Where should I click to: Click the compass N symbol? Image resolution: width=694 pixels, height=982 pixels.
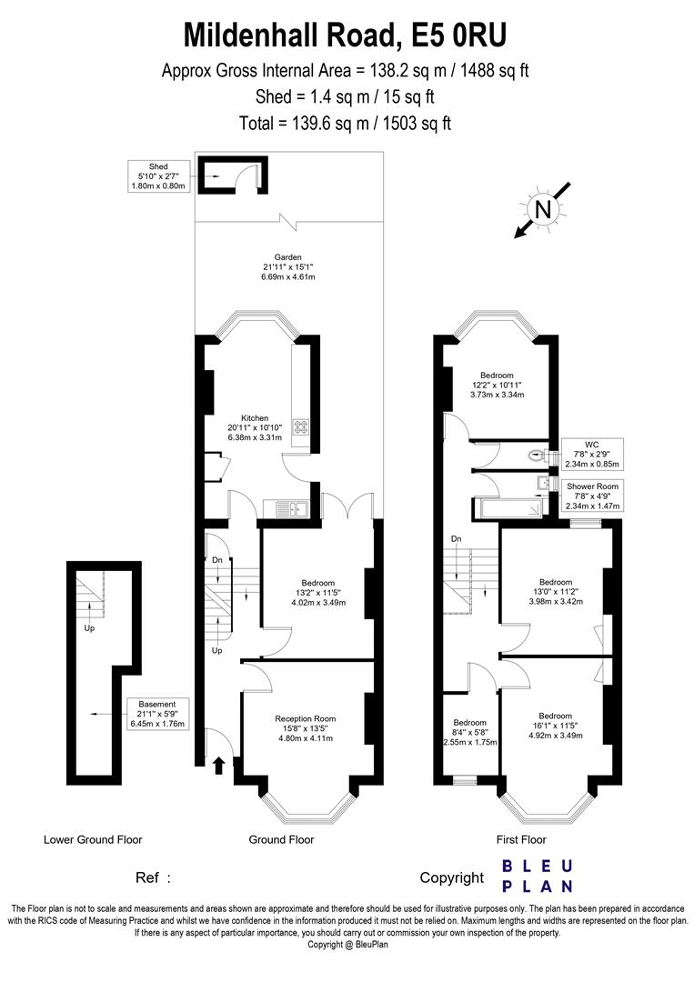click(x=542, y=209)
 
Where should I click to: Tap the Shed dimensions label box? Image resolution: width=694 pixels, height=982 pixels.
click(x=158, y=176)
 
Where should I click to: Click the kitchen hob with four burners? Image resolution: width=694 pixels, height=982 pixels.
click(x=302, y=427)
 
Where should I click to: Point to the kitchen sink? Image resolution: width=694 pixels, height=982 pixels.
click(x=291, y=509)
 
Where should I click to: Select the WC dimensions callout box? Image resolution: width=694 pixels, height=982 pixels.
click(x=592, y=454)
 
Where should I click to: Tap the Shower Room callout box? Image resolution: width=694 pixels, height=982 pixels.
click(x=592, y=496)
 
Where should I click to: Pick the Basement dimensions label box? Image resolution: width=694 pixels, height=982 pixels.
click(x=157, y=714)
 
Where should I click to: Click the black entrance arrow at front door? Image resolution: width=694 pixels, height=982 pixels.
click(x=218, y=766)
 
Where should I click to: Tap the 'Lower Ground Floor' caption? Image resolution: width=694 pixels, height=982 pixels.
click(x=93, y=839)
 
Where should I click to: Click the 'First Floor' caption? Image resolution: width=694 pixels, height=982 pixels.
click(x=521, y=839)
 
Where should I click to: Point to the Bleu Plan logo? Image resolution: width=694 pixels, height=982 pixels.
click(x=538, y=876)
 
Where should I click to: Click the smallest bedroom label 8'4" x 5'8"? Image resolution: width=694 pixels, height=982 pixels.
click(x=469, y=732)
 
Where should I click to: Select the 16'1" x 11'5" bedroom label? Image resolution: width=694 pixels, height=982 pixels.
click(x=556, y=726)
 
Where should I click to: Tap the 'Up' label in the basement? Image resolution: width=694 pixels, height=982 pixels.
click(x=89, y=627)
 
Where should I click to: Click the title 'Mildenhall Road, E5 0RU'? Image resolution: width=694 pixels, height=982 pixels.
click(x=345, y=35)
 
